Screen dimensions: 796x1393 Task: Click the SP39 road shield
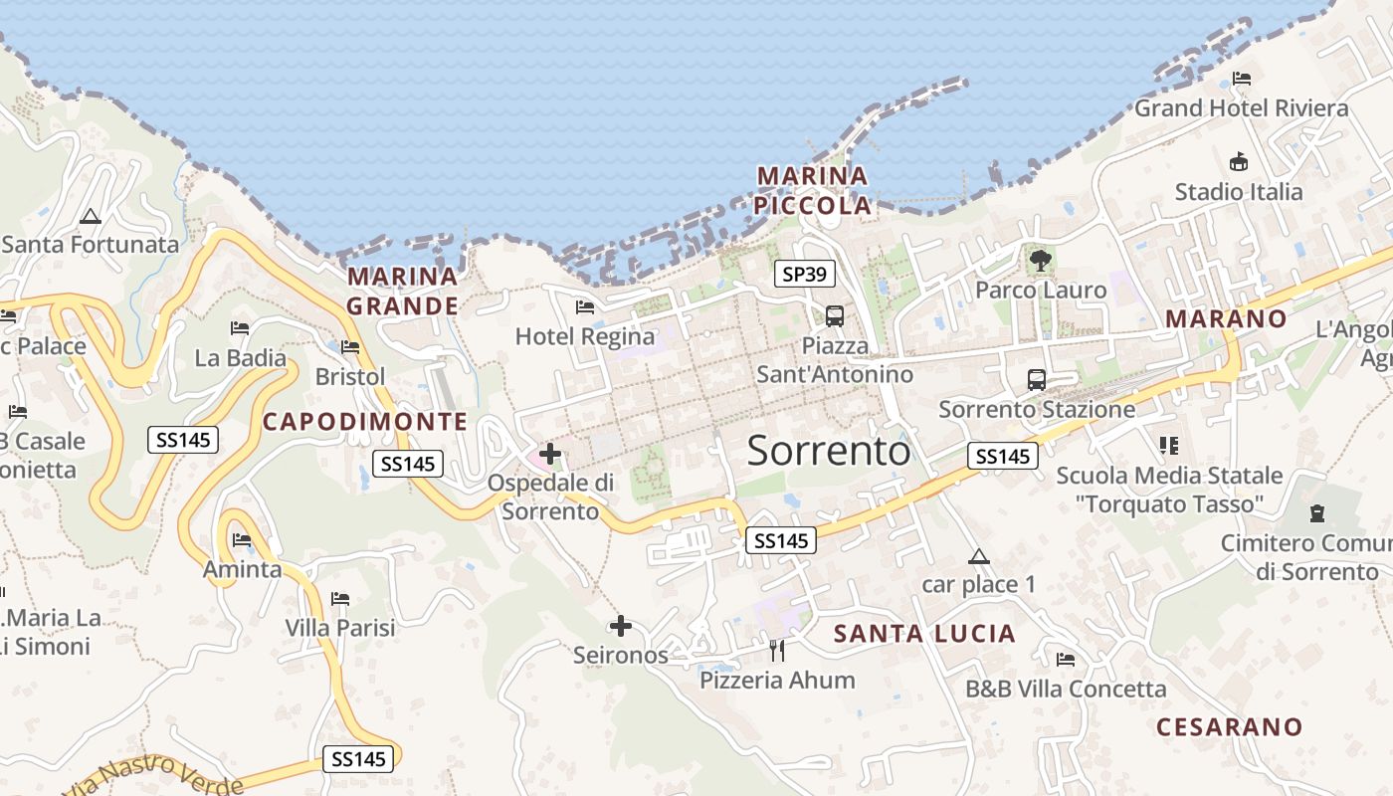[805, 274]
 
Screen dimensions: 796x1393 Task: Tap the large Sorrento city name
[828, 451]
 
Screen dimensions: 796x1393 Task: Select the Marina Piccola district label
[813, 191]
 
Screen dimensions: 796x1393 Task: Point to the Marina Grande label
[402, 291]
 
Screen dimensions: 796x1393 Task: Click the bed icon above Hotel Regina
[585, 307]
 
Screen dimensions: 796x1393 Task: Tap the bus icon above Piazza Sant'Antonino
[835, 316]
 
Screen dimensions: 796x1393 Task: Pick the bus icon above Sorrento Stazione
[1037, 379]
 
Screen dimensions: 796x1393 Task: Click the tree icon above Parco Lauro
[1041, 262]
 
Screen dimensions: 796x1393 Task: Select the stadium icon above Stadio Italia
[1239, 161]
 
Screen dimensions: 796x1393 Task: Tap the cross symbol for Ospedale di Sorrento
[550, 454]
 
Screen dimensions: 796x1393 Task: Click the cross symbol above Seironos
[621, 626]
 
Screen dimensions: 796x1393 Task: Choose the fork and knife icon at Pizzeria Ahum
[777, 651]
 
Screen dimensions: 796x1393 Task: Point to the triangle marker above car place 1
[979, 557]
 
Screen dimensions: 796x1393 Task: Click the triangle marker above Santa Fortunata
[91, 216]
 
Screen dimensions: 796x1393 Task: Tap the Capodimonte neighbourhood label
[364, 421]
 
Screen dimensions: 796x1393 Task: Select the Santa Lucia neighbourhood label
[924, 634]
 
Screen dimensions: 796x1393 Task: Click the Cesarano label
[1229, 726]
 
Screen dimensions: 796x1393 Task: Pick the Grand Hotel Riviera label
[1242, 107]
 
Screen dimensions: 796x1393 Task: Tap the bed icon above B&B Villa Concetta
[1066, 659]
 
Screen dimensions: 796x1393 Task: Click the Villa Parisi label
[340, 628]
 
